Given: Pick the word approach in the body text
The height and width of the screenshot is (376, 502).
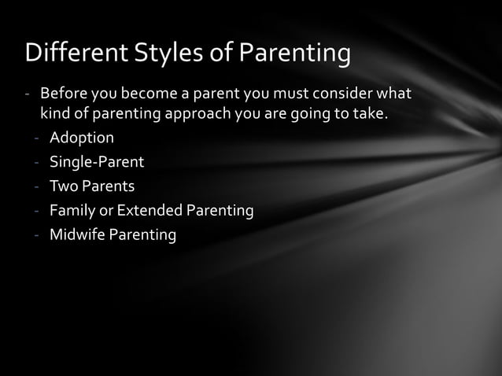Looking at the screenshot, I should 199,115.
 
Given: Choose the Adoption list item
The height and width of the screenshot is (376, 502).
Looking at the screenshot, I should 81,138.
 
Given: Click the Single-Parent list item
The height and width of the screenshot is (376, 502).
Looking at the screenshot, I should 97,163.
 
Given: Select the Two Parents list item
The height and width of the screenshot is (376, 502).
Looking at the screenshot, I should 91,186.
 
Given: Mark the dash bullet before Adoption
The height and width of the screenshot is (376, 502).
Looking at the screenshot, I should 37,138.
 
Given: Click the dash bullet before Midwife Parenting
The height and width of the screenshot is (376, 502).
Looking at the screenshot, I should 37,234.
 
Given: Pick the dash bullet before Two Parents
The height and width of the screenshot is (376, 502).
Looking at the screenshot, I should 37,186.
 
